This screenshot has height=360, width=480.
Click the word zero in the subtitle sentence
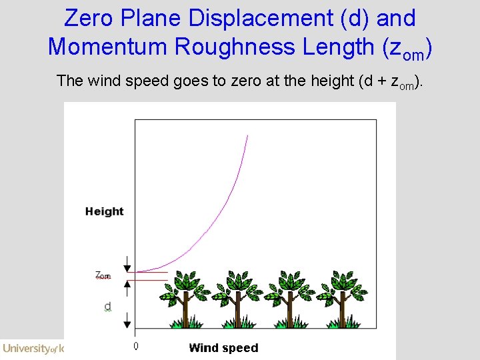pos(245,81)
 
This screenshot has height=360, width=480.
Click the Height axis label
pos(104,211)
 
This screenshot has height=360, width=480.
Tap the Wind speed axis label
pos(223,347)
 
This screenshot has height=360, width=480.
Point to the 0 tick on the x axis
pos(136,347)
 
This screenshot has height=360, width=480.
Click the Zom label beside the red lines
pos(103,275)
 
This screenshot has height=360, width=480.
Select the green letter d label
pos(107,307)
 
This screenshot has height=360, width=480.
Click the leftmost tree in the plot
pos(183,299)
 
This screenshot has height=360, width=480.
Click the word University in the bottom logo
pos(26,348)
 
